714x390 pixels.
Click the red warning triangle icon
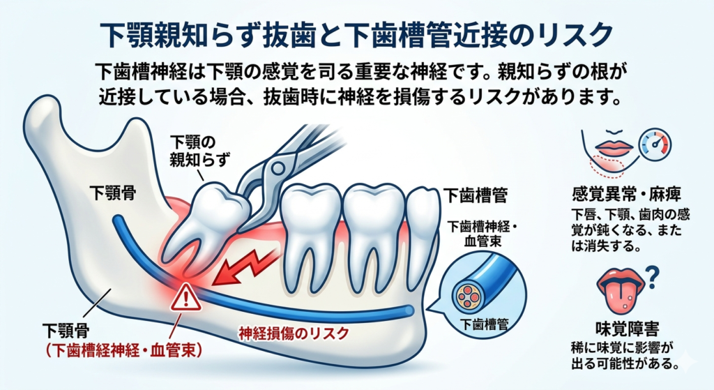(x=185, y=297)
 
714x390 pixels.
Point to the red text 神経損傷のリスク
(x=294, y=333)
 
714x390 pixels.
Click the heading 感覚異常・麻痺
(x=626, y=195)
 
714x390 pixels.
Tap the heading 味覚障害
(x=627, y=328)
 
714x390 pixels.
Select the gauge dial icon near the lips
(x=655, y=144)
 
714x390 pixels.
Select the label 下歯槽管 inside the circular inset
(x=483, y=324)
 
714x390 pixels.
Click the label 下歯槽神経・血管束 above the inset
(x=483, y=233)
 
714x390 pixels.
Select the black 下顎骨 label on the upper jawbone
(x=112, y=193)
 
